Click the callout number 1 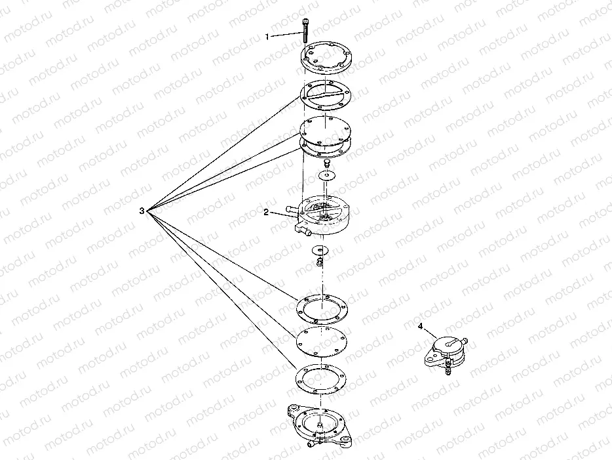click(x=267, y=37)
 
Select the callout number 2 click(x=266, y=212)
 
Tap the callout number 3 click(x=142, y=211)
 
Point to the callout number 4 click(x=420, y=326)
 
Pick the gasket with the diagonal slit click(x=326, y=94)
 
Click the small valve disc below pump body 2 click(x=320, y=250)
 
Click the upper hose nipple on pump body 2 click(x=293, y=209)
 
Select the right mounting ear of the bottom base click(x=346, y=440)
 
